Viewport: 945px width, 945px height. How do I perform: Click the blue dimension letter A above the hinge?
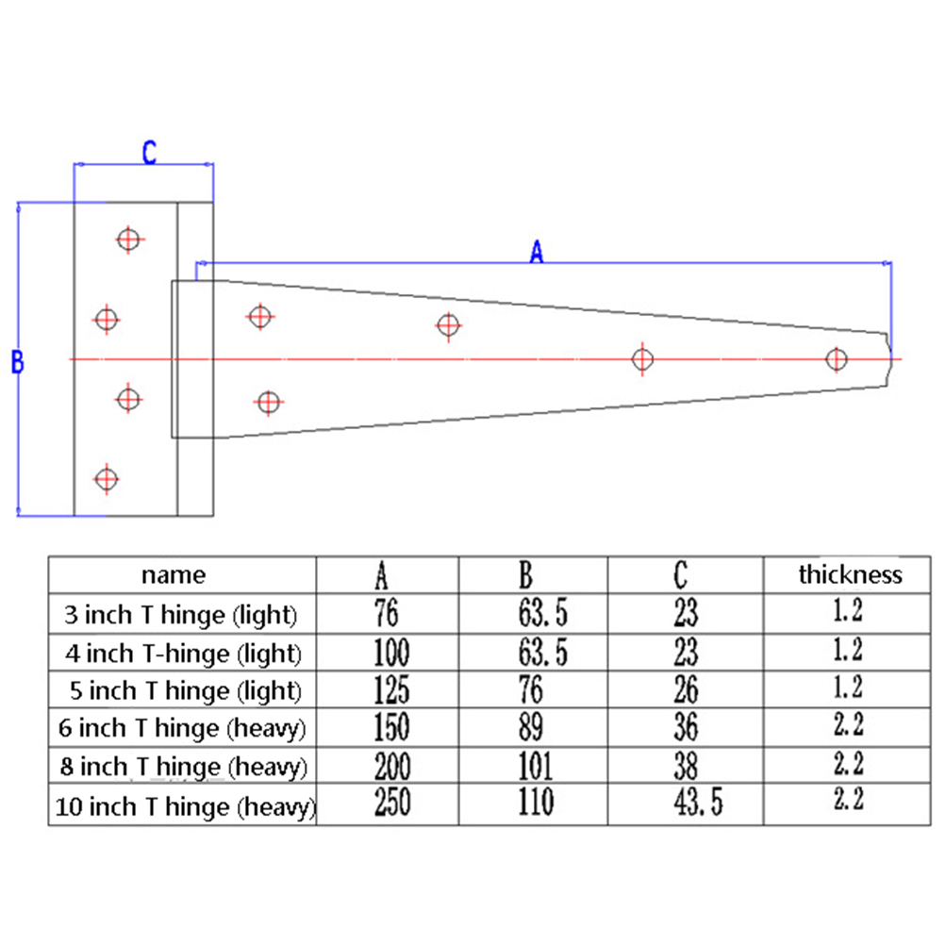[537, 252]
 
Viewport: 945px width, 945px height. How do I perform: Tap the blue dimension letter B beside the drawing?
[17, 362]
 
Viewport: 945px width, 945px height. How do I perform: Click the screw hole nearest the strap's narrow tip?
[836, 359]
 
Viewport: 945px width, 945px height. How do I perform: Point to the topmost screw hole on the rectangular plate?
[128, 240]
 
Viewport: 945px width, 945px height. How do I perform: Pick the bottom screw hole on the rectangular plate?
[107, 478]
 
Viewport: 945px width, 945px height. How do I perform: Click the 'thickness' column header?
[850, 574]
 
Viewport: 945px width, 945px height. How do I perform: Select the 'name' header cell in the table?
[174, 574]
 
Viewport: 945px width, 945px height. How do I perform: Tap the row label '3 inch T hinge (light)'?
[180, 616]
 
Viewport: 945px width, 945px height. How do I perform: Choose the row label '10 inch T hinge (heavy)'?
[185, 807]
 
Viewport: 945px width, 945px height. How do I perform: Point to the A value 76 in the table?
[387, 615]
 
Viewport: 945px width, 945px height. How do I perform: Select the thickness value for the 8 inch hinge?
[848, 763]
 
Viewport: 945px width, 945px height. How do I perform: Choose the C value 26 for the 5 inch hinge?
[686, 690]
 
